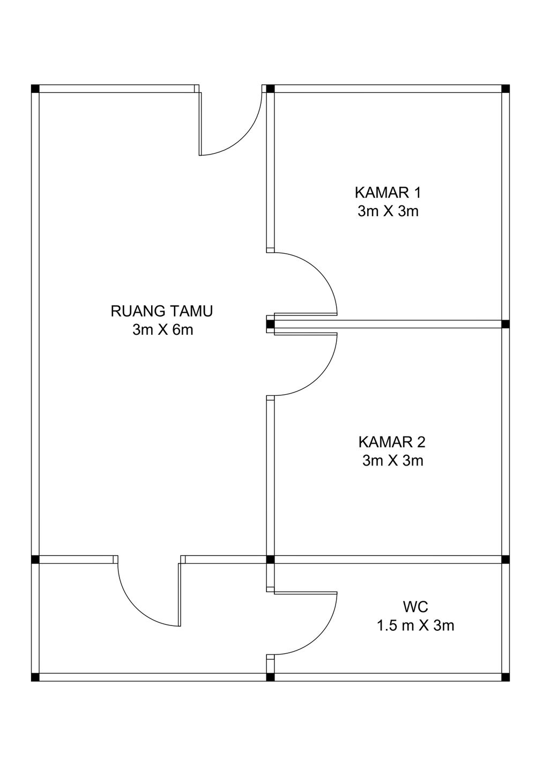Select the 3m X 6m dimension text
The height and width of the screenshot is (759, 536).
162,330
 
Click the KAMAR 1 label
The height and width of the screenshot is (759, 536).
388,193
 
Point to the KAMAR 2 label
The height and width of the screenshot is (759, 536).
392,442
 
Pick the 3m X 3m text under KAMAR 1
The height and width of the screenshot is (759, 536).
388,211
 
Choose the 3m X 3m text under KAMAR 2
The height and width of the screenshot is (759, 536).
393,461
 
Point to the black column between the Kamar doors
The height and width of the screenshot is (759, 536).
270,324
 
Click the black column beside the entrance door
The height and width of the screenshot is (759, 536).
270,89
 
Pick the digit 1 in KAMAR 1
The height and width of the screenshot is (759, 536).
417,193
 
